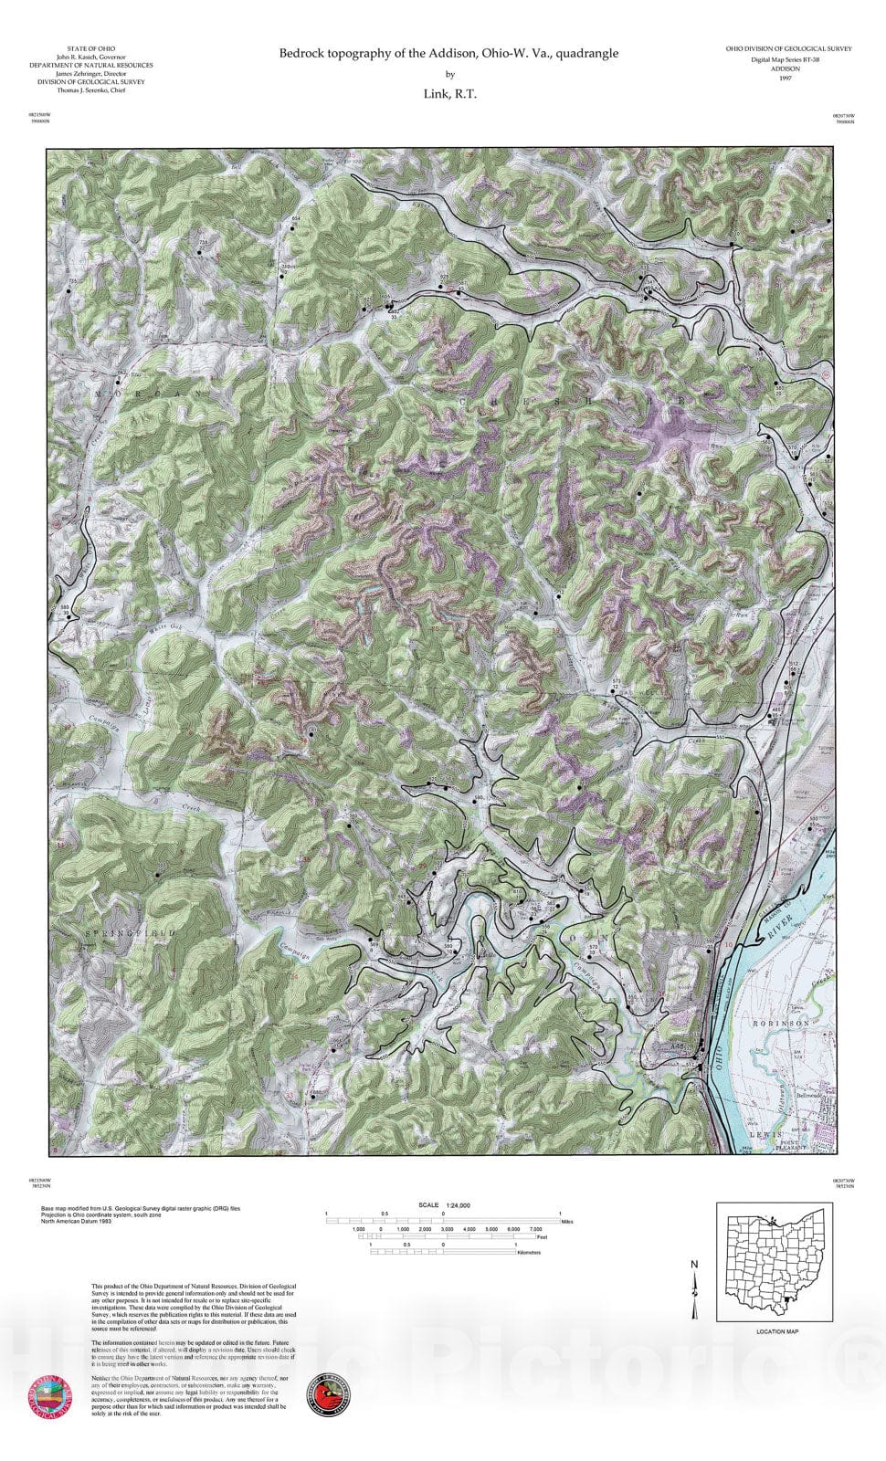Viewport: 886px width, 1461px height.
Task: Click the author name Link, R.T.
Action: (448, 93)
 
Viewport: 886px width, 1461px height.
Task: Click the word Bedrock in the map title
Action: (301, 54)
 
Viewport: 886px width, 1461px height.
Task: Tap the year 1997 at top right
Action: (786, 79)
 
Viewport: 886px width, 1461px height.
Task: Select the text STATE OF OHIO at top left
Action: (91, 48)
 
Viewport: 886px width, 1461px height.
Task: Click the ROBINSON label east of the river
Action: (781, 1025)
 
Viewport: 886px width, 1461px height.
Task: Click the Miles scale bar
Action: (444, 1220)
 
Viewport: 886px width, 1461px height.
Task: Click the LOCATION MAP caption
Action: (777, 1332)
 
